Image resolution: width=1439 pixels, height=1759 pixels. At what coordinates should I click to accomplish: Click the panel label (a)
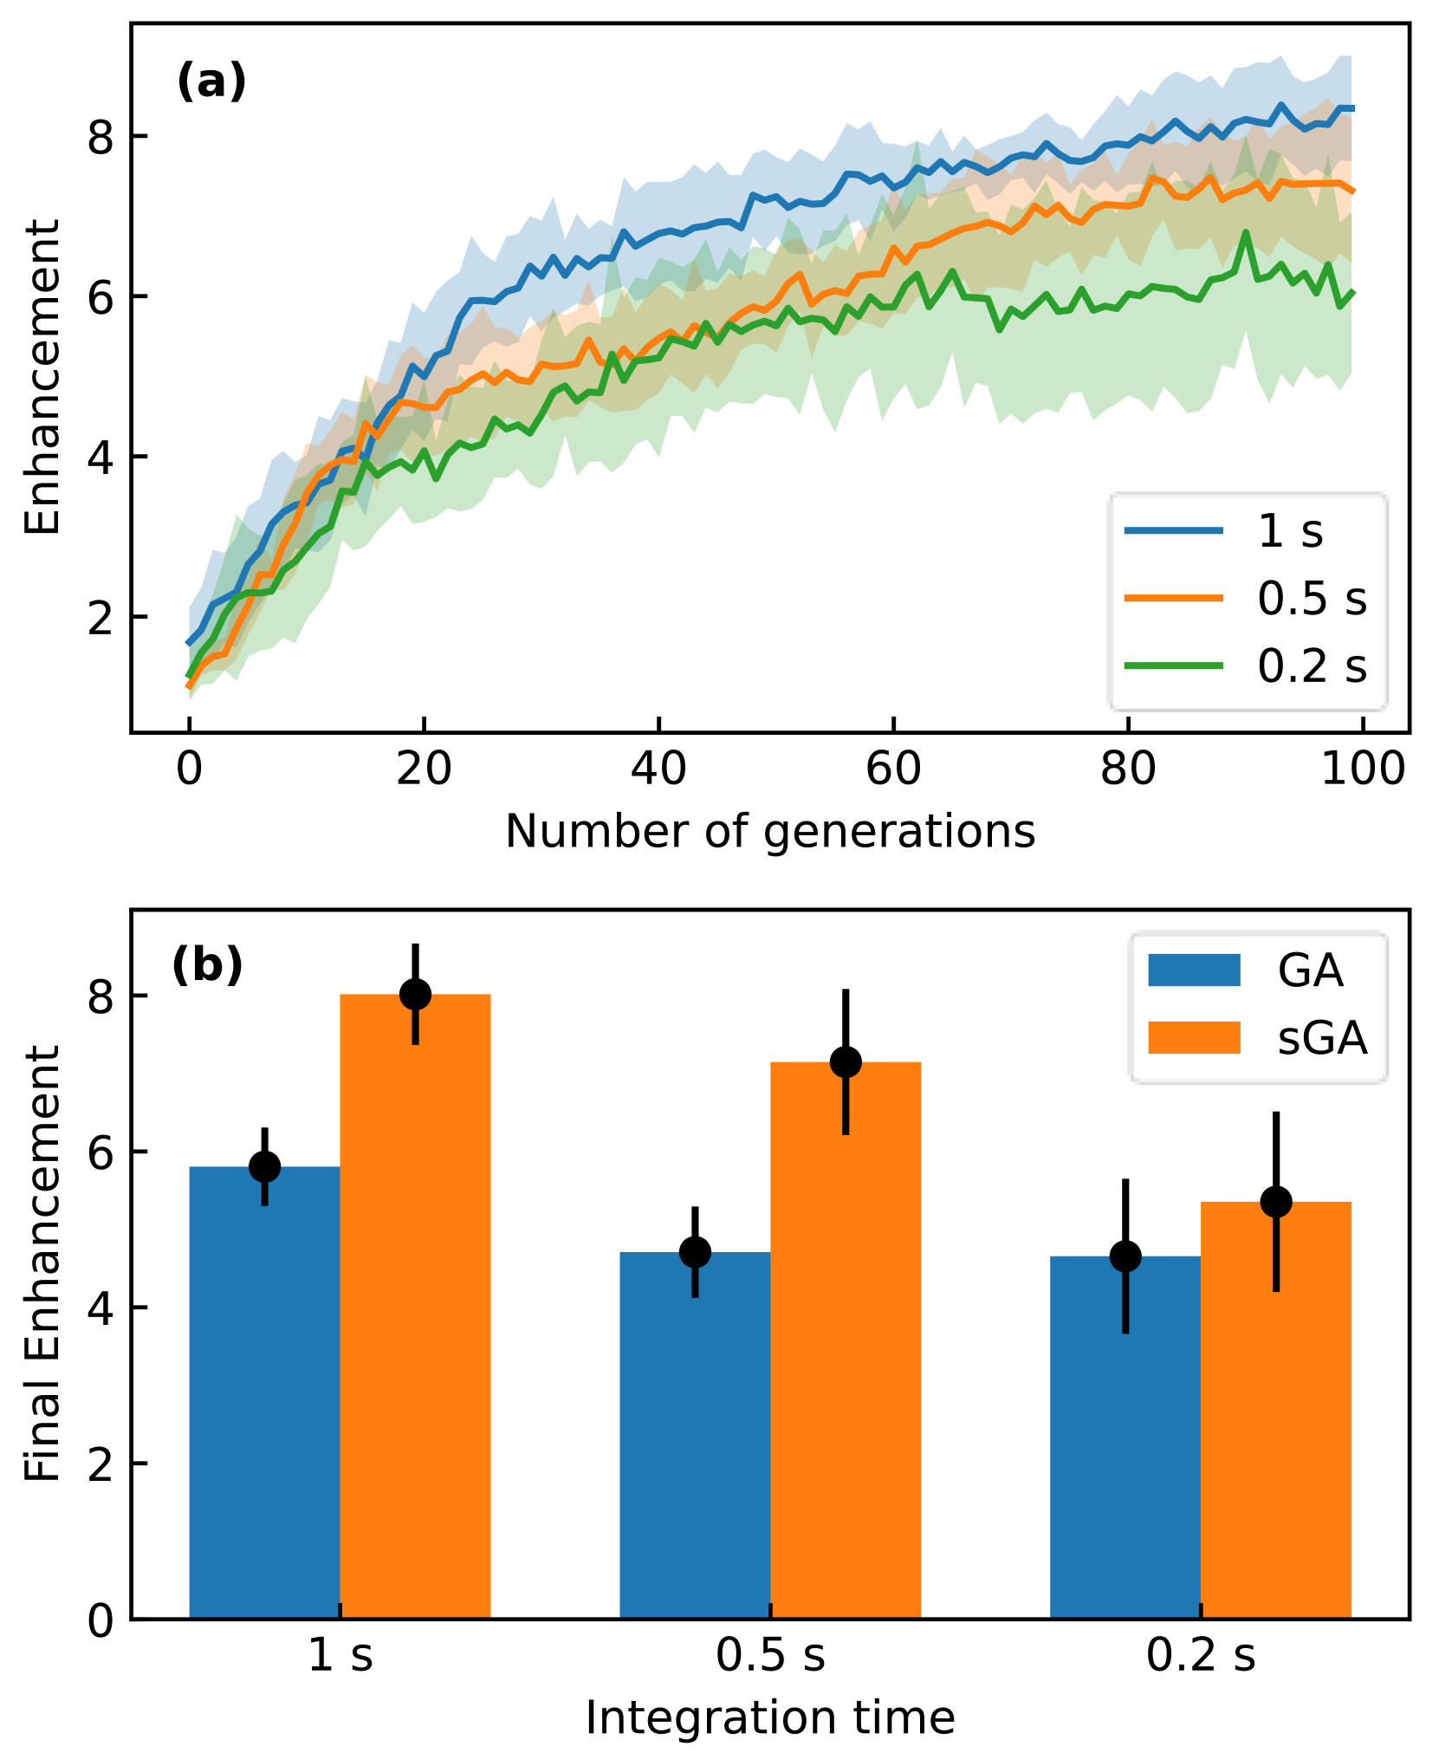[x=211, y=82]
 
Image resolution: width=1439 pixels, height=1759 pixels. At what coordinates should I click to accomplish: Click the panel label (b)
[x=207, y=965]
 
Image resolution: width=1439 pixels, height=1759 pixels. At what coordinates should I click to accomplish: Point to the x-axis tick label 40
[x=659, y=769]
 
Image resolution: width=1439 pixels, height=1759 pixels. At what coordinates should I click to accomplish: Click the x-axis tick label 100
[x=1363, y=769]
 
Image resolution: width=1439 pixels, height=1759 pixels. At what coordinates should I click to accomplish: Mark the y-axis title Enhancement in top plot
[x=42, y=377]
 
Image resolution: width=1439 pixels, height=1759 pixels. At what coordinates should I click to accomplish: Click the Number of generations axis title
[x=770, y=831]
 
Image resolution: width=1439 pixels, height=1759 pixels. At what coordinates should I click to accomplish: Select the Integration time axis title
[x=770, y=1717]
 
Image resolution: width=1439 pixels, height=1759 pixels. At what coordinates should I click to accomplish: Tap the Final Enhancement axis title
[x=42, y=1264]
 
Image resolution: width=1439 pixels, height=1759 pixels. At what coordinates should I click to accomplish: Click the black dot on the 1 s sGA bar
[x=416, y=994]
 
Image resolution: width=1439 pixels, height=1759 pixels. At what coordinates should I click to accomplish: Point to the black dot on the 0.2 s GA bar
[x=1125, y=1256]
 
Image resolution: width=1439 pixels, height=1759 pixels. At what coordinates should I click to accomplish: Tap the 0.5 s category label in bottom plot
[x=770, y=1656]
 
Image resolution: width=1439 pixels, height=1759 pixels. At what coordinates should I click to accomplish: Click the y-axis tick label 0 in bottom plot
[x=101, y=1620]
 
